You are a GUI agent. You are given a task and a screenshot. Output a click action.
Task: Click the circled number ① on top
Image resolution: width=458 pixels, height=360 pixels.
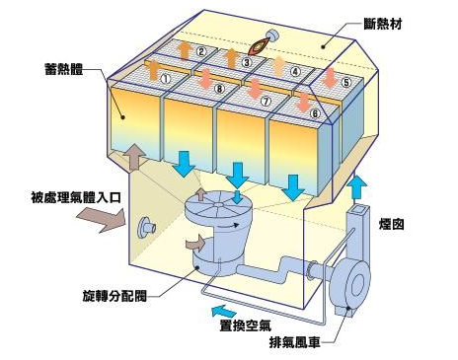click(x=166, y=77)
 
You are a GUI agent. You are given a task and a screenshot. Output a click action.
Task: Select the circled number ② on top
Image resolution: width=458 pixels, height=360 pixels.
click(x=200, y=51)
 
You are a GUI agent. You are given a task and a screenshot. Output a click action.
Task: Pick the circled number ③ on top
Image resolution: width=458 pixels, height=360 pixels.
click(x=248, y=61)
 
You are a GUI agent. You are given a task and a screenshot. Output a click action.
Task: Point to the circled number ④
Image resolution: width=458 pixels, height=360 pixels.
click(x=294, y=71)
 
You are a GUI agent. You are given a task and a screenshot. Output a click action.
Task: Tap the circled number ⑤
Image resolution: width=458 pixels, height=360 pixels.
click(x=343, y=83)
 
